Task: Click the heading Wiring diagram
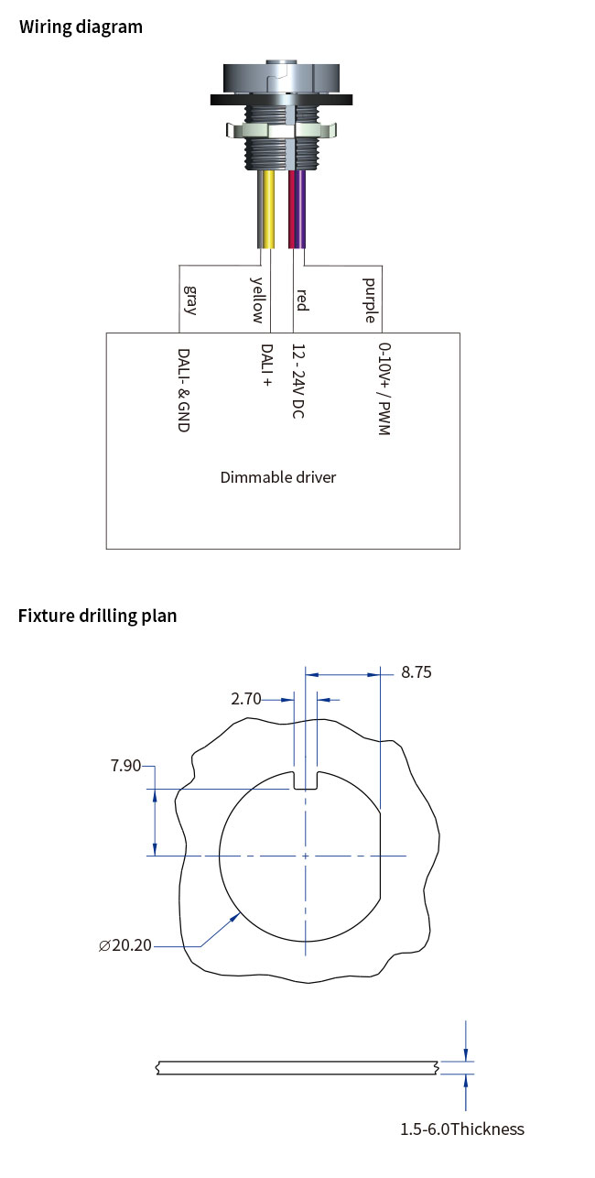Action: point(81,27)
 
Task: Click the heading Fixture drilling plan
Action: point(97,615)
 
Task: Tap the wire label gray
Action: point(190,300)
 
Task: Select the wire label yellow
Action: point(257,300)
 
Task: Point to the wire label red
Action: point(301,300)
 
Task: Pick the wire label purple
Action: point(369,300)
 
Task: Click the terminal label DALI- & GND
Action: point(183,390)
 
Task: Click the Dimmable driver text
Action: point(278,477)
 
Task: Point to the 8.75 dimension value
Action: point(416,672)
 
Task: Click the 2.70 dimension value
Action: point(246,699)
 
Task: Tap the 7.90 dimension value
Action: point(125,766)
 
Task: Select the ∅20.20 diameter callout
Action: point(125,945)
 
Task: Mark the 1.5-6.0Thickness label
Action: point(461,1129)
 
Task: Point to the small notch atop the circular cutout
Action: point(305,780)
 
